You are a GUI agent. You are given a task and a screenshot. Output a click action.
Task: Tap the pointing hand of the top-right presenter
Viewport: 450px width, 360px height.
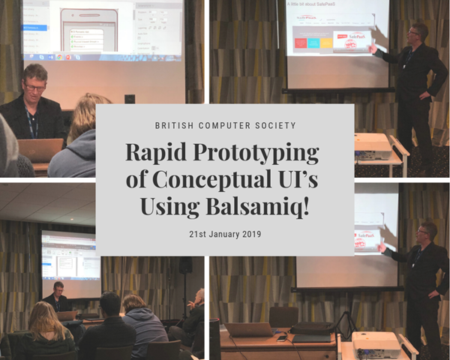click(372, 49)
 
